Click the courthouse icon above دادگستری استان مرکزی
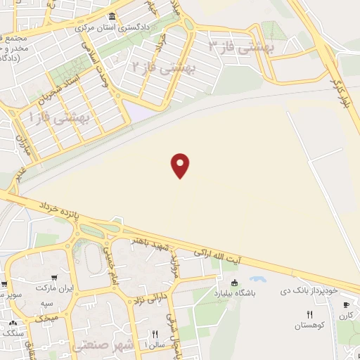click(112, 17)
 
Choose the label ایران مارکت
click(59, 288)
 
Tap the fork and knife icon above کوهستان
click(309, 314)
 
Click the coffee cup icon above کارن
click(345, 304)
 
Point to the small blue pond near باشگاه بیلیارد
click(251, 278)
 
